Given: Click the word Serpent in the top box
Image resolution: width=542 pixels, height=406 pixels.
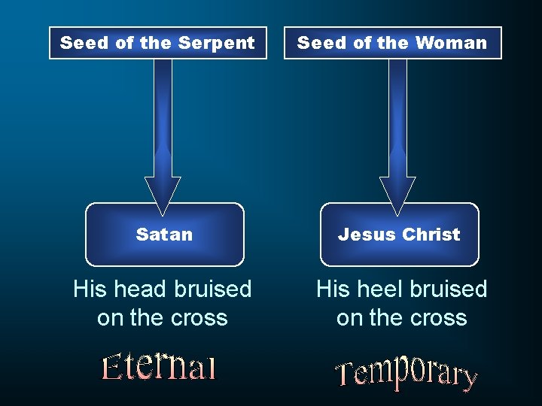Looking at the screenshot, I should [x=224, y=43].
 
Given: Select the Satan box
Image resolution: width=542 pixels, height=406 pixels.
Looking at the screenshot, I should [x=164, y=235].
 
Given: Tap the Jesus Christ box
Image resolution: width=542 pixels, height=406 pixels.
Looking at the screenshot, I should [x=399, y=235].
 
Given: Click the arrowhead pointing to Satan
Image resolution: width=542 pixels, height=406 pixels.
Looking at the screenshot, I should [x=163, y=192].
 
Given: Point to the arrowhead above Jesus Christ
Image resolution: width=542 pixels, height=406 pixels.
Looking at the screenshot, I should [x=397, y=192].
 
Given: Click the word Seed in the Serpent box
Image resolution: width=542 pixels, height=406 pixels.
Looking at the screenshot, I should [x=84, y=43].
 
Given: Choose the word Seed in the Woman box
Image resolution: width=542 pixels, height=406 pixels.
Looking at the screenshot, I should [x=321, y=43].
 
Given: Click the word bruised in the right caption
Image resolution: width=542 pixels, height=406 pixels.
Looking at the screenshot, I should [x=449, y=289].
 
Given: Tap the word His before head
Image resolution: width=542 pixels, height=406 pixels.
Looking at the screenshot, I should [x=90, y=289].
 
